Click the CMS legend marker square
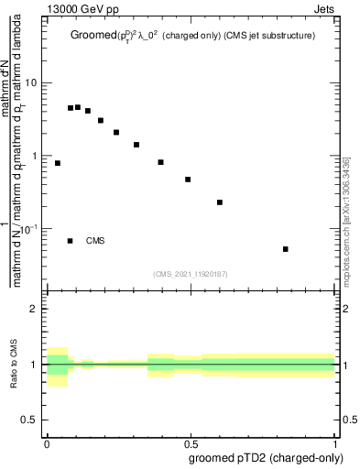pyautogui.click(x=70, y=241)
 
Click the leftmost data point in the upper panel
pyautogui.click(x=58, y=163)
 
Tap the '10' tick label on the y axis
pyautogui.click(x=31, y=83)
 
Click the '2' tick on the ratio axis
pyautogui.click(x=34, y=309)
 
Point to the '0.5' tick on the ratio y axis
pyautogui.click(x=29, y=420)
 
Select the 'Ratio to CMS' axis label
pyautogui.click(x=14, y=365)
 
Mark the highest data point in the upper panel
pyautogui.click(x=78, y=107)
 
